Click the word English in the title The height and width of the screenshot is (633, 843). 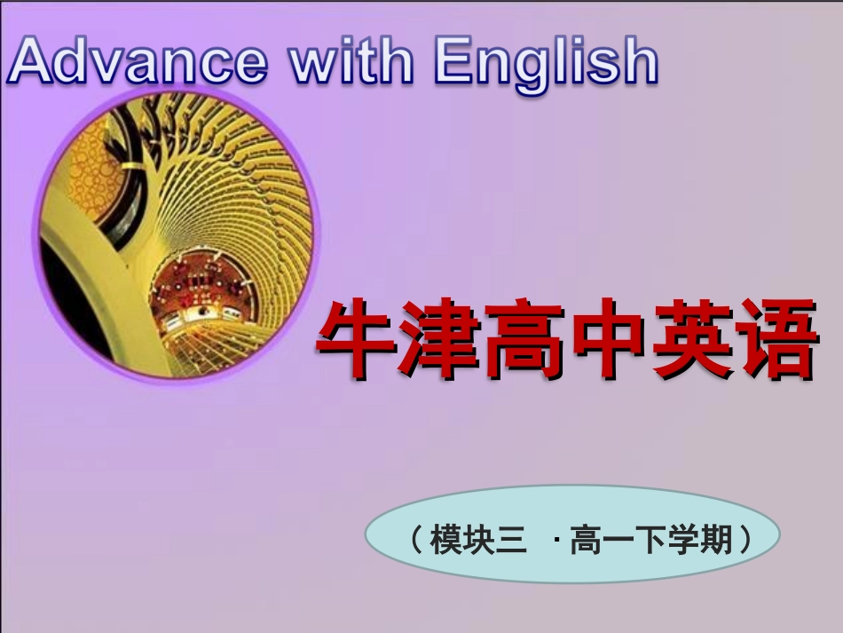tap(545, 62)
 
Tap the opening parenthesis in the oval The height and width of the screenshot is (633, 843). tap(417, 539)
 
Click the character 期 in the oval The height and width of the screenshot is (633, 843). tap(715, 539)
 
